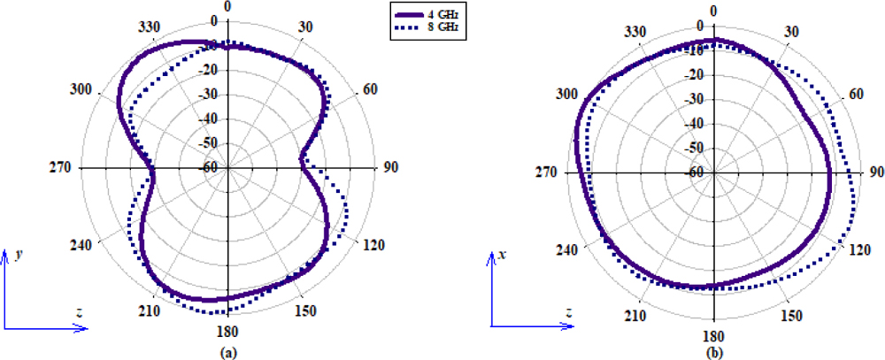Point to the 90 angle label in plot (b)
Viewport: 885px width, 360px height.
[875, 172]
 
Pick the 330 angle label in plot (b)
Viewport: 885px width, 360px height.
[638, 32]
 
